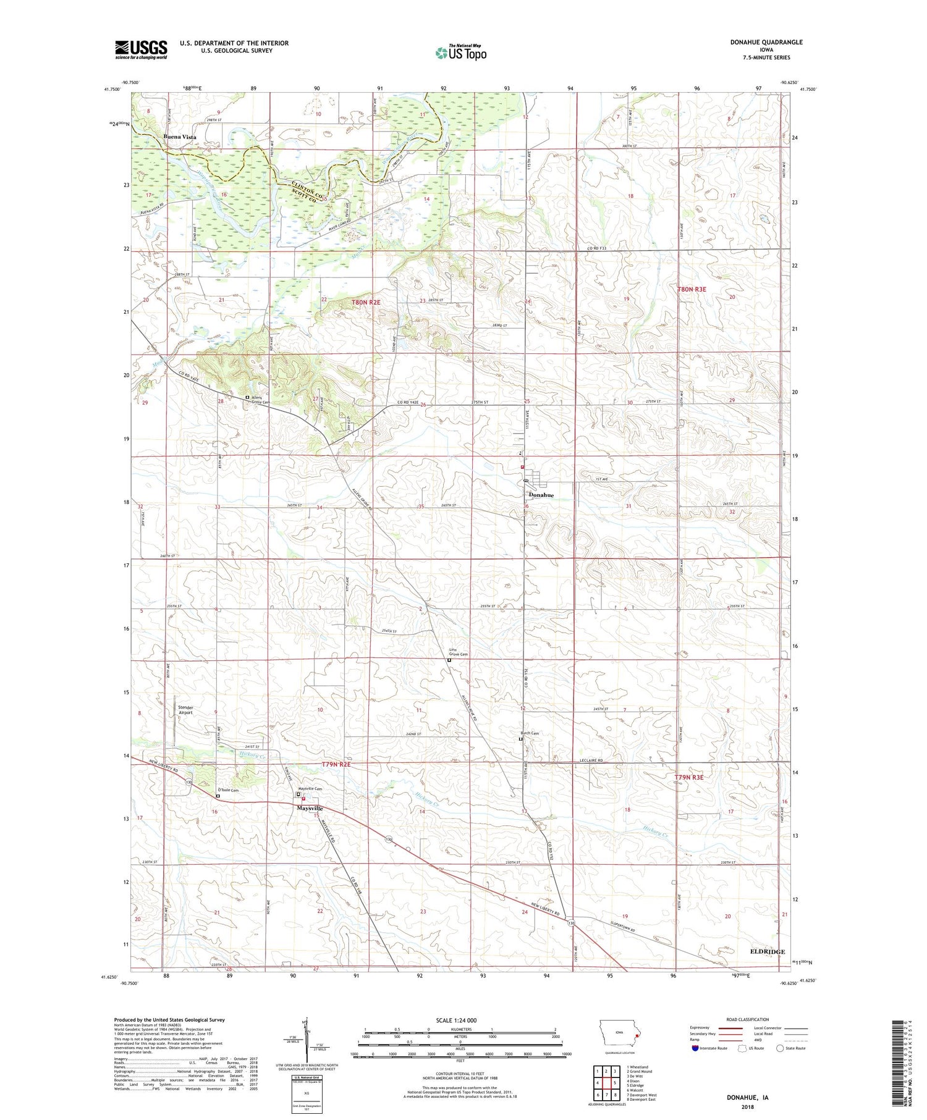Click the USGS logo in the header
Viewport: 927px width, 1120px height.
click(141, 49)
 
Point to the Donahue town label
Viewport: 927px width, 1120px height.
click(540, 495)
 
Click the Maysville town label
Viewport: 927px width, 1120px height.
click(310, 808)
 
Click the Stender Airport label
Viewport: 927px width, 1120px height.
click(185, 710)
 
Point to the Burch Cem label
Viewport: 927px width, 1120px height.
click(530, 733)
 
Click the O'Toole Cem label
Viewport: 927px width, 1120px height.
click(227, 790)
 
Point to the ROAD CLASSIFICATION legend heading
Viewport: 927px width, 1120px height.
click(748, 1019)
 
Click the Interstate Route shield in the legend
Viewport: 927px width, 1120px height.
click(696, 1048)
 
